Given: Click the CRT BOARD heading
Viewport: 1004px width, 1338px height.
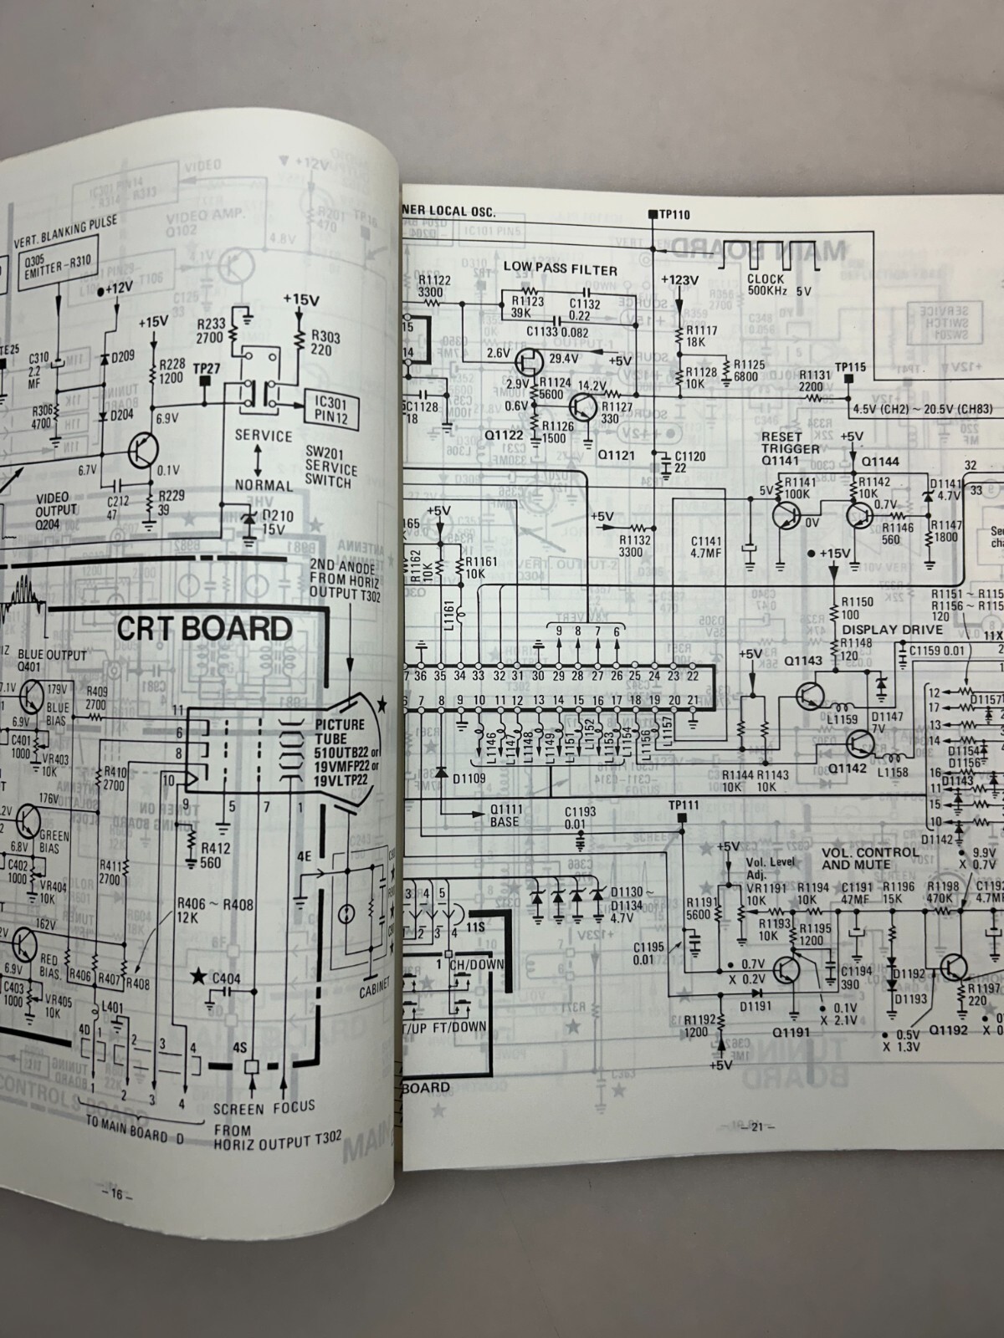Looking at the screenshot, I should (x=204, y=628).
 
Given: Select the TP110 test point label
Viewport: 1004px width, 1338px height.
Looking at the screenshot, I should (x=672, y=214).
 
